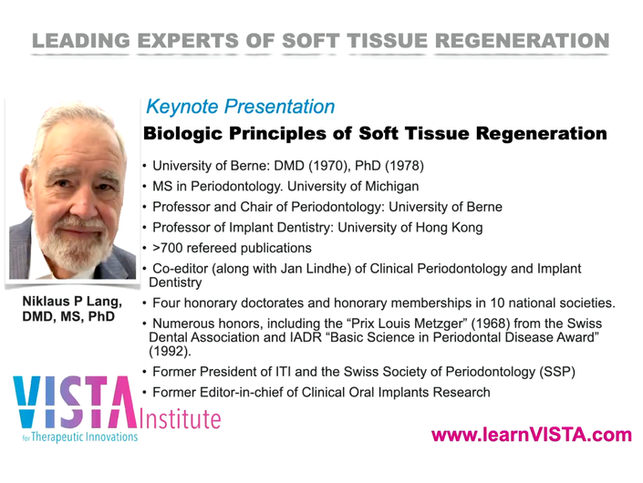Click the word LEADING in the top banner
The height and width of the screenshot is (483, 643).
point(81,41)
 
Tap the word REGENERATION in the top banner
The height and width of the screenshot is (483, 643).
point(522,41)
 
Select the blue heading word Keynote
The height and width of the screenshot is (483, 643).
point(182,107)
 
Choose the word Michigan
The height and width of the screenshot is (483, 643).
point(391,186)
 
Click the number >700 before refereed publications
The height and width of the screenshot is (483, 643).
point(167,248)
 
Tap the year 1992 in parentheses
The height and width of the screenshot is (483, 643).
point(170,351)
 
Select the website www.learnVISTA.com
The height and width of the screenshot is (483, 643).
point(532,435)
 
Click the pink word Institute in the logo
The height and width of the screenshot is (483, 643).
point(180,418)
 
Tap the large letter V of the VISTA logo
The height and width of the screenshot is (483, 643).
point(27,402)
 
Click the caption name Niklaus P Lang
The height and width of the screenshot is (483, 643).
point(72,301)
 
